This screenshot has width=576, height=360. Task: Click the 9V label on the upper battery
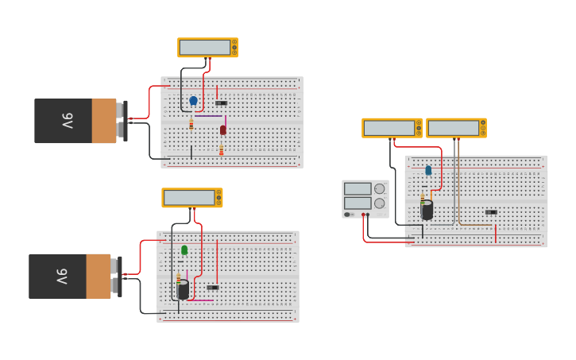click(x=68, y=121)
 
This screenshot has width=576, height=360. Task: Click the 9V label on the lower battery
click(x=62, y=277)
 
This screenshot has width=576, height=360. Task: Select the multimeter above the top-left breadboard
click(x=207, y=48)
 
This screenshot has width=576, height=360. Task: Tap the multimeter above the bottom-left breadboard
click(x=191, y=198)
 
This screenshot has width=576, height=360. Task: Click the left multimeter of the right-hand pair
click(x=392, y=128)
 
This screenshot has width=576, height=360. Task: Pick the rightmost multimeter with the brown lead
click(x=456, y=128)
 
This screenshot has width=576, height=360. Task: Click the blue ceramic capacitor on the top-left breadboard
click(x=193, y=101)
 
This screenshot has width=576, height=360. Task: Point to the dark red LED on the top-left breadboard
click(x=223, y=130)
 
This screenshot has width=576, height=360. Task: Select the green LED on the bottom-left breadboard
click(x=184, y=250)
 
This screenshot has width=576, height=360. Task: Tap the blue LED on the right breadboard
click(x=428, y=170)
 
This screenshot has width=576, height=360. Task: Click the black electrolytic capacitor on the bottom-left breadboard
click(x=184, y=289)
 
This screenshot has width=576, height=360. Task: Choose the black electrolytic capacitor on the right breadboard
click(x=427, y=210)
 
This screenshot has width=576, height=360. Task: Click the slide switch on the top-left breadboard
click(x=221, y=103)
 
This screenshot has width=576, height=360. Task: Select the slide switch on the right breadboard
click(x=491, y=212)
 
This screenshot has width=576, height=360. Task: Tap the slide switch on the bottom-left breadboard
click(x=212, y=287)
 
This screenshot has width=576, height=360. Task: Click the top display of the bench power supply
click(x=358, y=188)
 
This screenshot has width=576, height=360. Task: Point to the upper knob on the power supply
click(x=379, y=188)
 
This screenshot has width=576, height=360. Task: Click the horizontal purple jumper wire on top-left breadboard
click(x=209, y=116)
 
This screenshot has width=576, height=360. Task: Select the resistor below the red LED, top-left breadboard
click(x=222, y=149)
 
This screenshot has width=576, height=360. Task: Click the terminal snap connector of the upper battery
click(x=122, y=121)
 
